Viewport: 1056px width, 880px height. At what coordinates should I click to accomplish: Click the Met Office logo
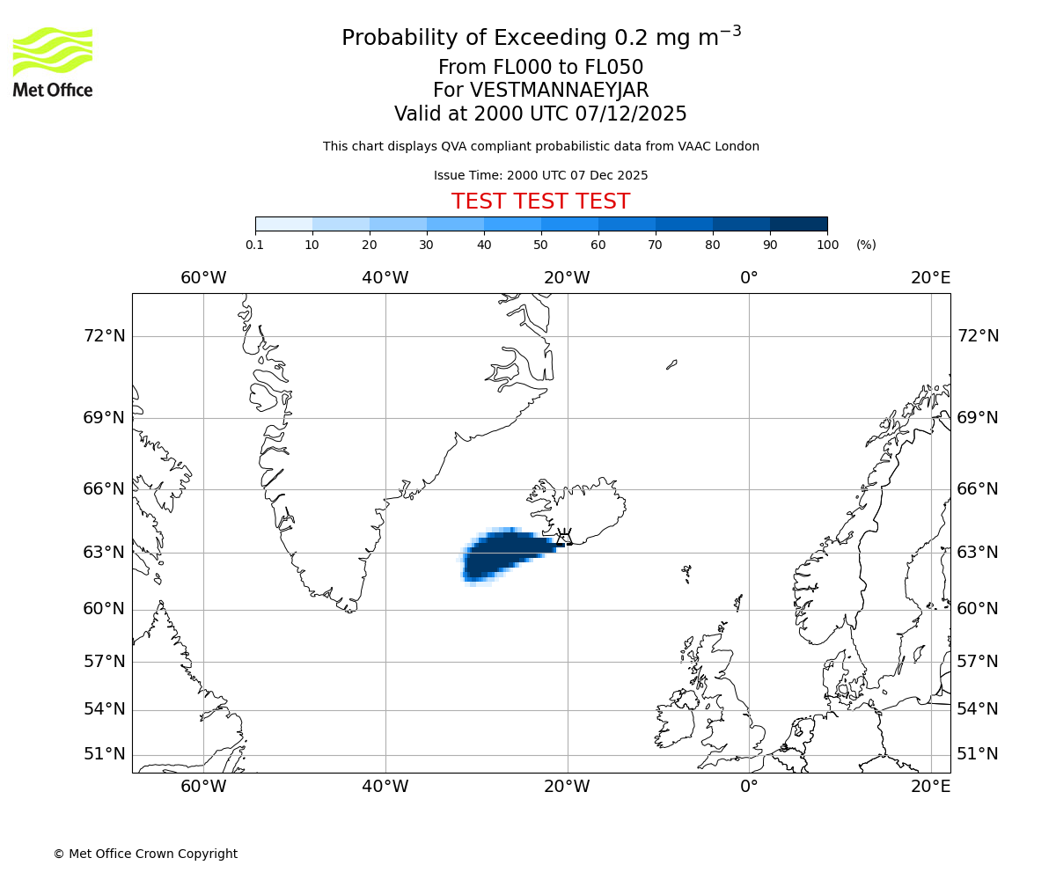(x=53, y=62)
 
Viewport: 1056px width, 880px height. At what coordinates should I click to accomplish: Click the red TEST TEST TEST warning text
(x=540, y=202)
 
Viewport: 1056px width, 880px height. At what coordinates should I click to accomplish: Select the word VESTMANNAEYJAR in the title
(x=559, y=91)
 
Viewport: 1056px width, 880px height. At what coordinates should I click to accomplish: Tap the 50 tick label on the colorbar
(x=540, y=245)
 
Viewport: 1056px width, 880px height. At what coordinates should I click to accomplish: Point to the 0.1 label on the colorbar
(x=254, y=245)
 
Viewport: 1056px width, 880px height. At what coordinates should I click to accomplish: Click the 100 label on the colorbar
(x=827, y=245)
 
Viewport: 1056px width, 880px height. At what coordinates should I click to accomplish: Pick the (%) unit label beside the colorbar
(x=866, y=245)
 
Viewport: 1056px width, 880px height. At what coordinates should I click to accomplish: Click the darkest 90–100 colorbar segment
(x=798, y=224)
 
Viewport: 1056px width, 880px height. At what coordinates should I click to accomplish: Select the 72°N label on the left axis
(x=104, y=336)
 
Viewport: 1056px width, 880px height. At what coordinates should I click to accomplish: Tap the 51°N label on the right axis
(x=978, y=754)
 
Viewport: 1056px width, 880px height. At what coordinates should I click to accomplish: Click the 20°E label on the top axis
(x=930, y=278)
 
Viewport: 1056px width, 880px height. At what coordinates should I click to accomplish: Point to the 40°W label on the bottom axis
(x=385, y=786)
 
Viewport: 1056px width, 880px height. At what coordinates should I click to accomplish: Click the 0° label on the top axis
(x=749, y=278)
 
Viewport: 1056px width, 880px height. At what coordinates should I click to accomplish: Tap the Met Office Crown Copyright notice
(x=145, y=854)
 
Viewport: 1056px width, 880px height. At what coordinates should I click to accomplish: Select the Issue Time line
(x=540, y=175)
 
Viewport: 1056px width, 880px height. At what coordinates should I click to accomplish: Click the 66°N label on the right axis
(x=978, y=489)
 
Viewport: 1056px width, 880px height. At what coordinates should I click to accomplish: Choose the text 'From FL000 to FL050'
(x=540, y=68)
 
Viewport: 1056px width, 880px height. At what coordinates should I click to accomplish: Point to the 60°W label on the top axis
(x=203, y=278)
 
